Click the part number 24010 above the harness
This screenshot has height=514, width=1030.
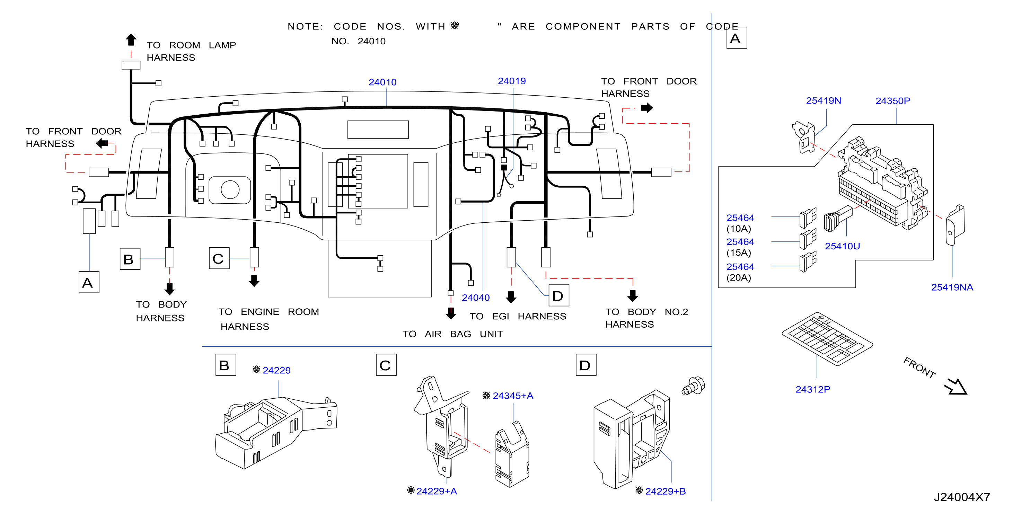[382, 82]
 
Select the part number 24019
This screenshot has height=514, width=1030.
[511, 81]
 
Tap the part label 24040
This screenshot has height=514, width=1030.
[475, 298]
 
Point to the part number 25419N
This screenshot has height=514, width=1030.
[823, 100]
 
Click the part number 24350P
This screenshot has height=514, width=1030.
[892, 101]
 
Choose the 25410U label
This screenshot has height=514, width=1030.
[842, 246]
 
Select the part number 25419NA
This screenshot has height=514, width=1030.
[952, 287]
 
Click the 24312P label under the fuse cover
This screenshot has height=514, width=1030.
[812, 389]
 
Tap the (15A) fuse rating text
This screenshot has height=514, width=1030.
[739, 252]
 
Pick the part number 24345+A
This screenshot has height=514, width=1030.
[513, 395]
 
